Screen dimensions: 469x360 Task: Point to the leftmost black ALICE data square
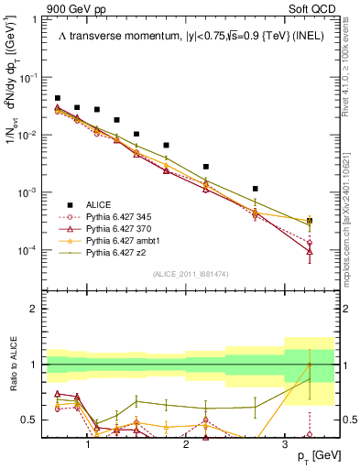coord(58,98)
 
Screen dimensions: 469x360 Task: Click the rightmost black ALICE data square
coord(310,221)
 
